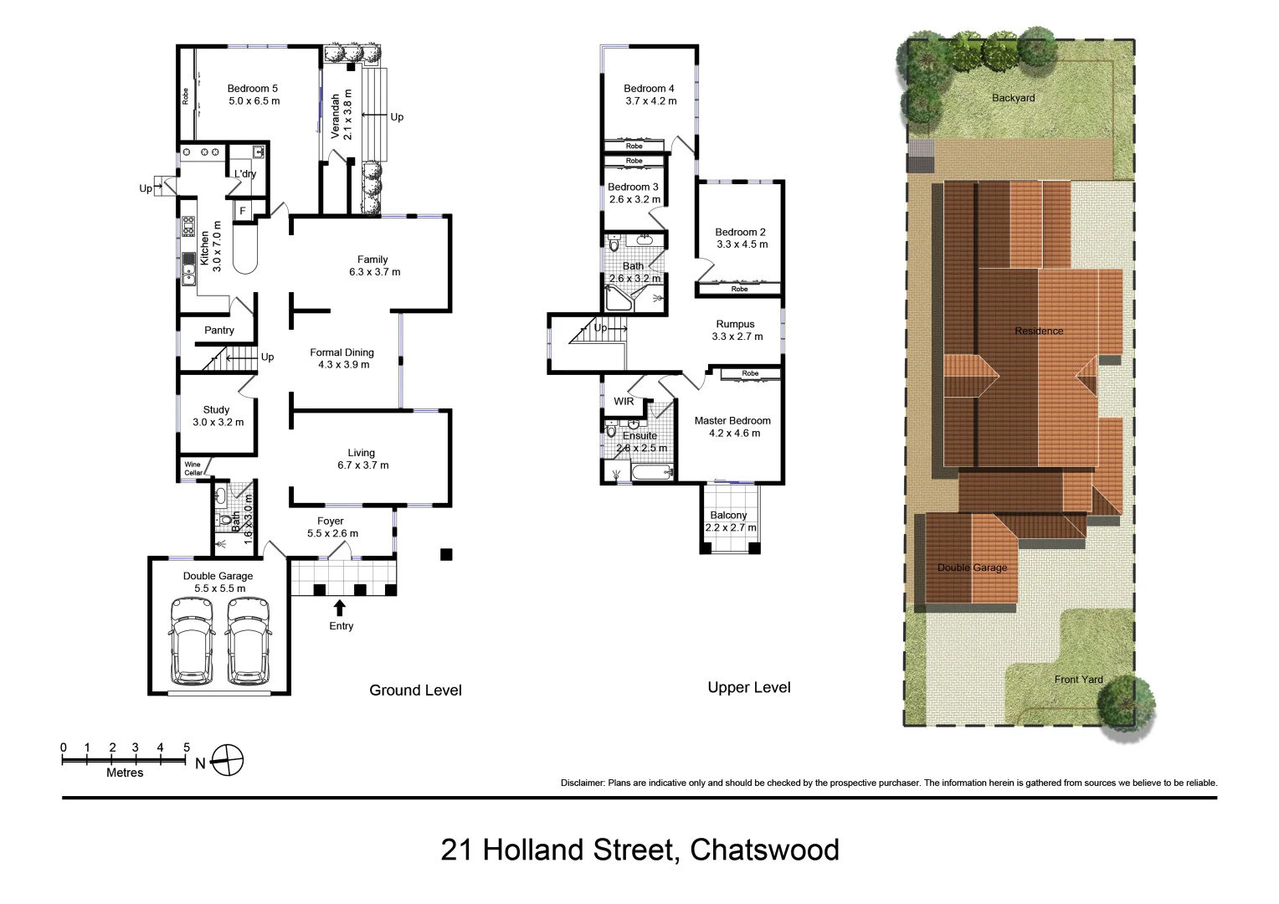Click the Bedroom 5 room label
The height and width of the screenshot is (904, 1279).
tap(252, 89)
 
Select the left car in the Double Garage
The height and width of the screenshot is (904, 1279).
tap(192, 639)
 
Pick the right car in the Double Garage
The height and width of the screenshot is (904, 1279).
tap(248, 639)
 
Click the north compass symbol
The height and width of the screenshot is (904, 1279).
tap(227, 761)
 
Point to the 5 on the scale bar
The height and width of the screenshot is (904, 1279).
tap(187, 747)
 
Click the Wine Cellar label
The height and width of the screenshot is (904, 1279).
tap(193, 469)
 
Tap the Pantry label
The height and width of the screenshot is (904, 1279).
tap(219, 331)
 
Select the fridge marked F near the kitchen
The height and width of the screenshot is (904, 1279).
tap(243, 211)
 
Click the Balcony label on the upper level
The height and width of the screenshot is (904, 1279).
tap(728, 516)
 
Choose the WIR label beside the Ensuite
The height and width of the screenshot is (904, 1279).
tap(624, 402)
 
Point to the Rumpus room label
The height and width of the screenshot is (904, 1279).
tap(735, 325)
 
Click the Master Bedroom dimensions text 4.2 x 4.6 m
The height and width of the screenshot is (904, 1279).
tap(734, 434)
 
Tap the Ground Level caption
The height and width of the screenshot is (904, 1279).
tap(415, 691)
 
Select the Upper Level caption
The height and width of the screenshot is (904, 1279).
tap(748, 687)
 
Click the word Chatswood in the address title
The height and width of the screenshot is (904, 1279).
tap(764, 850)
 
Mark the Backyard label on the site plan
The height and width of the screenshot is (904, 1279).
tap(1013, 98)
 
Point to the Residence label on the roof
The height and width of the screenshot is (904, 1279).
tap(1039, 331)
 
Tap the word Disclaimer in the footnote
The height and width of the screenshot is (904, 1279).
tap(582, 783)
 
